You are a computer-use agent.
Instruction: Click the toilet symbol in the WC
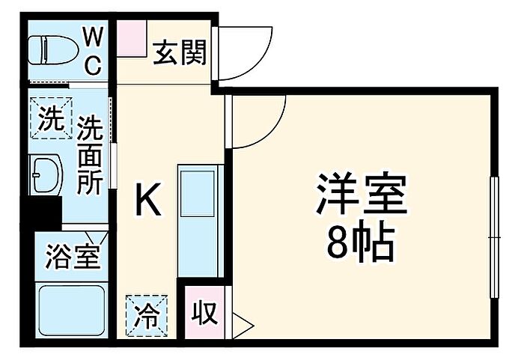point(53,50)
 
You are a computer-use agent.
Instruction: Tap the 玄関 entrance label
point(180,52)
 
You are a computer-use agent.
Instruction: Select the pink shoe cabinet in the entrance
point(132,38)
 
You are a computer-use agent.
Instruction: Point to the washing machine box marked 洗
point(51,118)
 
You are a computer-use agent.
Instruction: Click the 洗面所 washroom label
point(90,155)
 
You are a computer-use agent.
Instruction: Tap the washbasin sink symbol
point(46,174)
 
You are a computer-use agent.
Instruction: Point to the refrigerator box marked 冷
point(147,315)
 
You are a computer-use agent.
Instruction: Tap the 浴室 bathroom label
point(73,257)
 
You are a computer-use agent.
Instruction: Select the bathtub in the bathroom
point(72,311)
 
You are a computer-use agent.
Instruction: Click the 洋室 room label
point(362,193)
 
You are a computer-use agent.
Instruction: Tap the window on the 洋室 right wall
point(495,237)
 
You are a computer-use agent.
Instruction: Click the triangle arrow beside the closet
point(242,326)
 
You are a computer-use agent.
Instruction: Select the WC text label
point(92,51)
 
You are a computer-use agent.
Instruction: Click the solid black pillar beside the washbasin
point(41,213)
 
